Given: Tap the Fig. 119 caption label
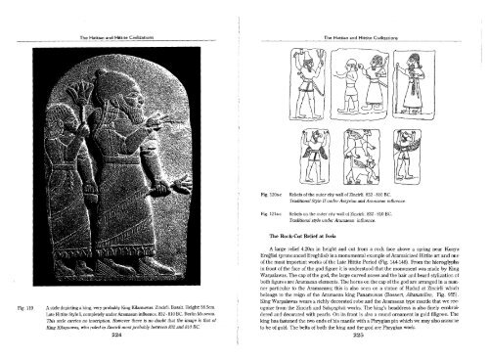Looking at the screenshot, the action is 19,306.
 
